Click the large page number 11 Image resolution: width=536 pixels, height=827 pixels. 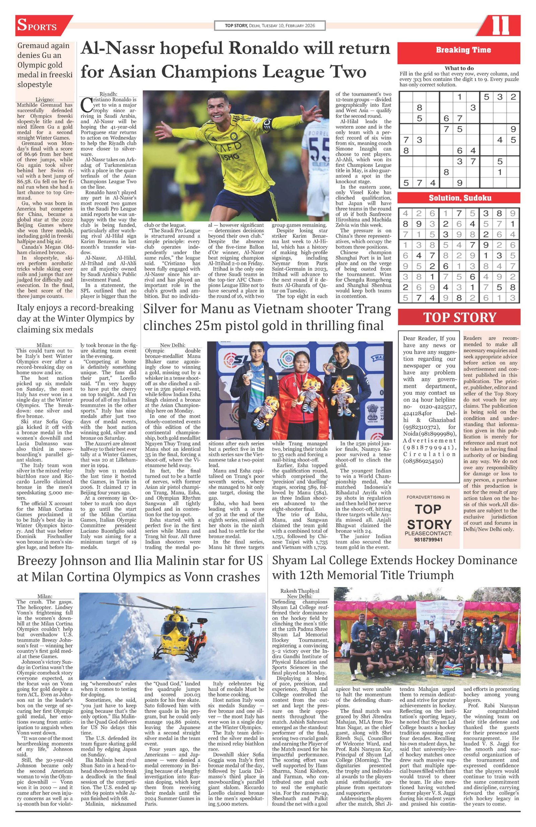click(500, 26)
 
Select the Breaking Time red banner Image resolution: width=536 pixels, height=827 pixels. click(459, 50)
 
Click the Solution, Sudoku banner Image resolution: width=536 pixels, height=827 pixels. click(459, 198)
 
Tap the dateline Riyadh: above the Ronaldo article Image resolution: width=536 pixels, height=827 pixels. click(109, 94)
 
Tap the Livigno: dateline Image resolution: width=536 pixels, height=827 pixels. click(45, 99)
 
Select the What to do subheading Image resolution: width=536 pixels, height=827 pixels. click(459, 68)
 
